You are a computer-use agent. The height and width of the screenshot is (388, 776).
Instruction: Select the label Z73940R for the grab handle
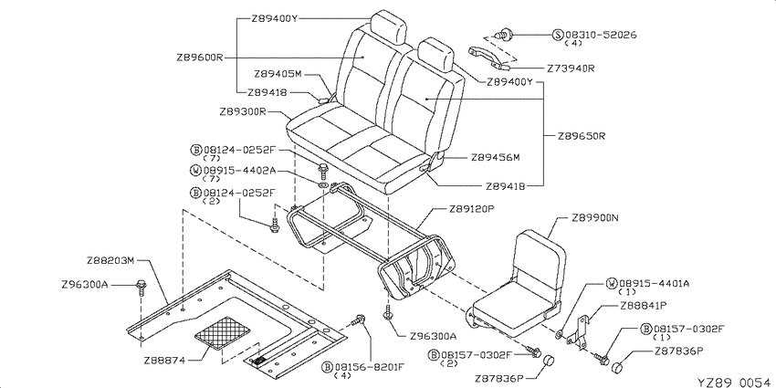571,68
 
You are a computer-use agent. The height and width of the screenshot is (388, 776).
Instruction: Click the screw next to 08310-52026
504,35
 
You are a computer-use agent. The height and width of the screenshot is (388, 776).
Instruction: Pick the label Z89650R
582,136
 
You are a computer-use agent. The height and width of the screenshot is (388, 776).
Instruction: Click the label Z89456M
496,158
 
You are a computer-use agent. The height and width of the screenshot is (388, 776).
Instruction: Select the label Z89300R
243,112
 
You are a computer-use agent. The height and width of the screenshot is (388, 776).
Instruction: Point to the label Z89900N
595,218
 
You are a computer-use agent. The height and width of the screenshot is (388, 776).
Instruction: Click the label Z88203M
110,260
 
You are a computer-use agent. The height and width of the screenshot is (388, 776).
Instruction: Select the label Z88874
164,361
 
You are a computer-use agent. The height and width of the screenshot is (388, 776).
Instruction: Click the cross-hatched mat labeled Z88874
223,333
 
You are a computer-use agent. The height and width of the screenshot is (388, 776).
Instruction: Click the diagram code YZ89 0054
736,382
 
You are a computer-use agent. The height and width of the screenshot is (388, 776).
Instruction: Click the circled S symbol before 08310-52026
558,35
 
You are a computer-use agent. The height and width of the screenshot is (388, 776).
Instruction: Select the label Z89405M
278,74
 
